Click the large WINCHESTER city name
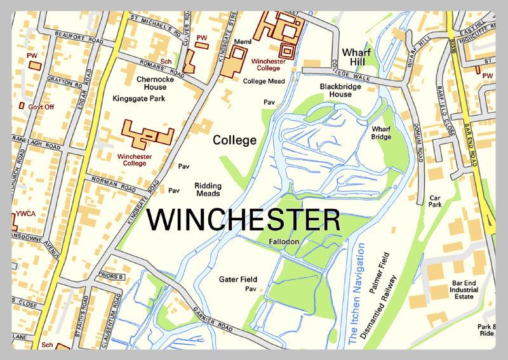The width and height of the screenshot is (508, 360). point(244,220)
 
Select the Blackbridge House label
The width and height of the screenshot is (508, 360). point(336,90)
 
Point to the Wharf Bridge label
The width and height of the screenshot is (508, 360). point(381,132)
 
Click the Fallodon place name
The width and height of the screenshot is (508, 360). point(284,242)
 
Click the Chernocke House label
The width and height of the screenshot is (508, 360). point(151,83)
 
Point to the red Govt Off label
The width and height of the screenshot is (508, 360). point(41,107)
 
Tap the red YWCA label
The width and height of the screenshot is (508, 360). point(26,213)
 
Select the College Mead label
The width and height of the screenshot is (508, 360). point(263,81)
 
